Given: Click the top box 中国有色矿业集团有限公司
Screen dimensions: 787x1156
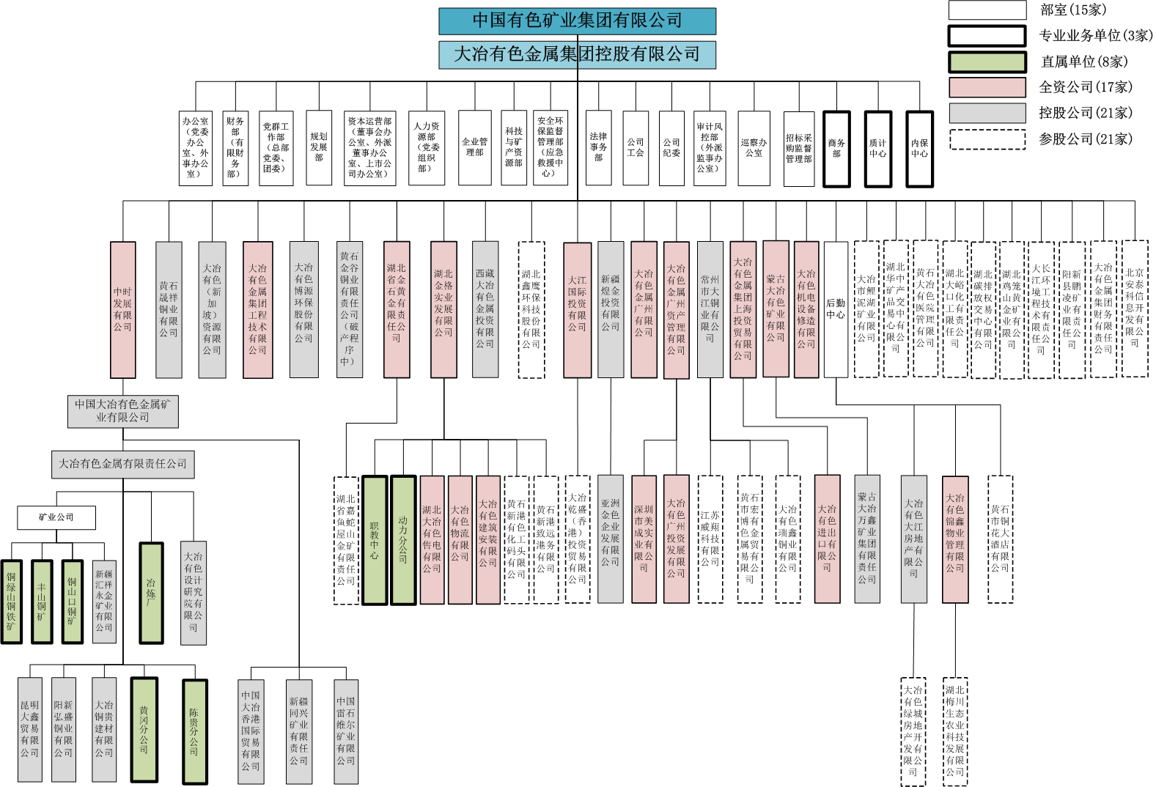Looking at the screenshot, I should point(577,21).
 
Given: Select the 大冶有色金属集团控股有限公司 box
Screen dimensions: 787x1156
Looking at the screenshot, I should point(577,55).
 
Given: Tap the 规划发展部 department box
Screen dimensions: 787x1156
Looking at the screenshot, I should point(319,147).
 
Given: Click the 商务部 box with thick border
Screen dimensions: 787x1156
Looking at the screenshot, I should point(836,149).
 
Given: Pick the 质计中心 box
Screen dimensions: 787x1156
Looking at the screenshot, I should point(877,149).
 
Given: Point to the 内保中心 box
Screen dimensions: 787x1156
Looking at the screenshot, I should point(919,149).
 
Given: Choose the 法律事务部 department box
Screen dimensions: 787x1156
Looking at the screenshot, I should point(598,147).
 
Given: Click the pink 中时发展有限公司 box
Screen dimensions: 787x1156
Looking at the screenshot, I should point(122,309).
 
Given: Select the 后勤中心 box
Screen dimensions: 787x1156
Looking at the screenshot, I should point(836,309).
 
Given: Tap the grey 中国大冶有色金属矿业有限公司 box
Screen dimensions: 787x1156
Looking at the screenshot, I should point(122,411).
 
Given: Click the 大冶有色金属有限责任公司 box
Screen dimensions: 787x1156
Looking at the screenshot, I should point(122,464).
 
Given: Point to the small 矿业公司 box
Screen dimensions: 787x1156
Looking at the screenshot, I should point(56,517).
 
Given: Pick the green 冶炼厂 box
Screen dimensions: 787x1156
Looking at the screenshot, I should point(151,593).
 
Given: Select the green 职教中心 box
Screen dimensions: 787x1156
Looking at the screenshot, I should point(375,540).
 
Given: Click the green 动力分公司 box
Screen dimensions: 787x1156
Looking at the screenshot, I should point(403,540).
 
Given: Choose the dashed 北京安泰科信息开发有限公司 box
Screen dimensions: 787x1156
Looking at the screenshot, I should point(1134,308).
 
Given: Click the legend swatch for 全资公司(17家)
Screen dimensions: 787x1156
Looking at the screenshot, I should point(987,87).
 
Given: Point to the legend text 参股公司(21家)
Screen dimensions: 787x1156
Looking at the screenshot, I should point(1085,139).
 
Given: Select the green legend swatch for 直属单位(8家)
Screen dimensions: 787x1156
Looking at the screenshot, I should point(987,62).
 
